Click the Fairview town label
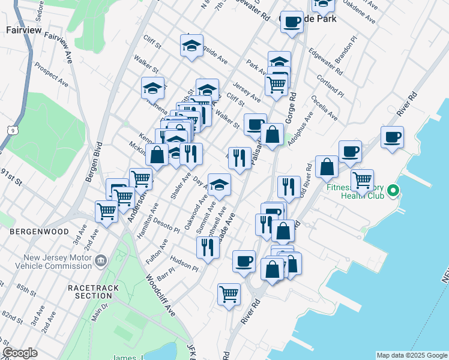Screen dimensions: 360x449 (x=22, y=29)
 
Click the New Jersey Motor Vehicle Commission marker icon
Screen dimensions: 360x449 (x=100, y=260)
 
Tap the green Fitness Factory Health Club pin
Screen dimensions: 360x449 (x=393, y=191)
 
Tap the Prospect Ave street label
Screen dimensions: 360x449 (x=50, y=74)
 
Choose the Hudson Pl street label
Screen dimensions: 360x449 (x=183, y=262)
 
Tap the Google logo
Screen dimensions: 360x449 (x=20, y=353)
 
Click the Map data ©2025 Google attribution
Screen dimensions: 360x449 (x=411, y=355)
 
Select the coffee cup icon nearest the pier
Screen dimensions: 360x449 (x=392, y=137)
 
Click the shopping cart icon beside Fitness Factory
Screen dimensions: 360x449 (x=362, y=179)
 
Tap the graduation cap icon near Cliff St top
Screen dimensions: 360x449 (x=191, y=46)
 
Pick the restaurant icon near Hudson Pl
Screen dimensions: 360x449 (x=208, y=246)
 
